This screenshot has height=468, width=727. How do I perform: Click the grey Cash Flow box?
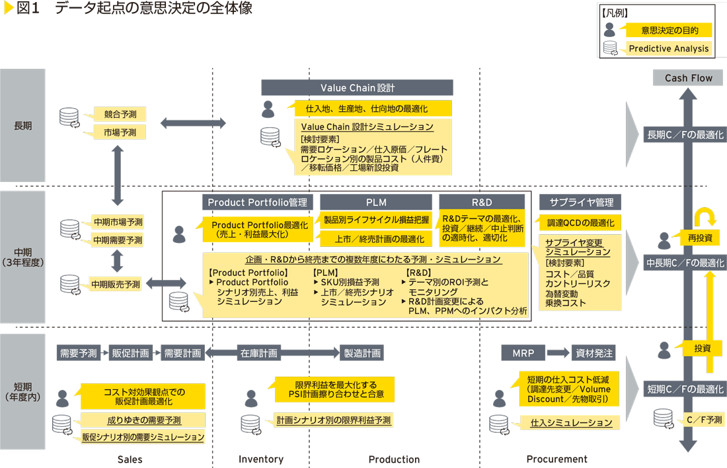click(689, 78)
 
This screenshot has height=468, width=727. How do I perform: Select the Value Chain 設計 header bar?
click(357, 87)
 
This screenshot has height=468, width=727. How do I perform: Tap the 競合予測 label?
click(120, 115)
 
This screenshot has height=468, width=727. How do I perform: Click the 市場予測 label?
click(120, 132)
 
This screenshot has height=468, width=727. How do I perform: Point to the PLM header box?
click(376, 202)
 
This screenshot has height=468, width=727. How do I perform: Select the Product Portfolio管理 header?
click(257, 202)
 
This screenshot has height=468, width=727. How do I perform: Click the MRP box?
click(523, 353)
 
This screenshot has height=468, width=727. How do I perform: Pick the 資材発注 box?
click(594, 353)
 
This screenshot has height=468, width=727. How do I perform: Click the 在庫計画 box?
click(258, 353)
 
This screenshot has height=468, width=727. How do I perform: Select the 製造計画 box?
click(362, 353)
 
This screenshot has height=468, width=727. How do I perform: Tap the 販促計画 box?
click(130, 353)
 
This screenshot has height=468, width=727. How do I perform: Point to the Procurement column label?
click(556, 459)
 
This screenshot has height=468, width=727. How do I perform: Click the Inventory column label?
click(260, 459)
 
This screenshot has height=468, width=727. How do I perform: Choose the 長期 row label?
click(22, 125)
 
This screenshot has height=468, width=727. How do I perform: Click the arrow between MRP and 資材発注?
click(558, 353)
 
